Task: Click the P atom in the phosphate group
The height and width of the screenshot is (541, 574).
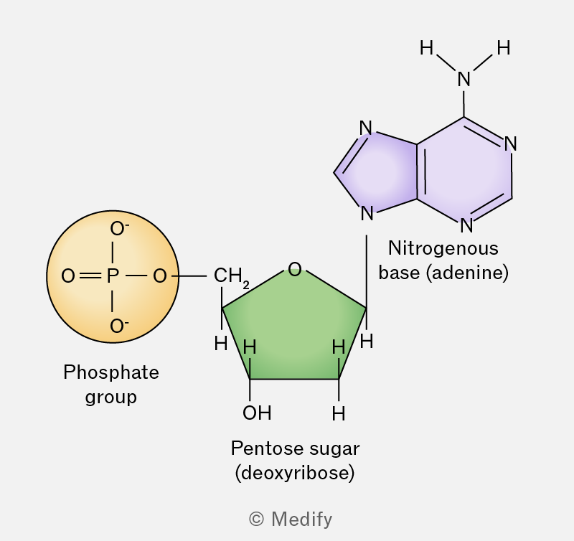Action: (113, 276)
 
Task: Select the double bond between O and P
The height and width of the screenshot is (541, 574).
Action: (90, 276)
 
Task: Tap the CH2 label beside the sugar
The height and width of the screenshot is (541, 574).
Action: (231, 277)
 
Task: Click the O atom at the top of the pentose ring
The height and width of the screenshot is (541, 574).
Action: (295, 269)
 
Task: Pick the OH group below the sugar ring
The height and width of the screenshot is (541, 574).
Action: (257, 413)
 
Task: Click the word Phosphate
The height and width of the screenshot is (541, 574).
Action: (111, 372)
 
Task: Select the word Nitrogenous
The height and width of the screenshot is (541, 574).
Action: (443, 248)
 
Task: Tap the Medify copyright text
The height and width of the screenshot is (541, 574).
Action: (291, 519)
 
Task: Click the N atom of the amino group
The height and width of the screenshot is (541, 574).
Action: (464, 79)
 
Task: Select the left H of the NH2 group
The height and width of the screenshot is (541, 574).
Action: (426, 48)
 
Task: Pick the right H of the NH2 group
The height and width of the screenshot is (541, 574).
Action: (504, 48)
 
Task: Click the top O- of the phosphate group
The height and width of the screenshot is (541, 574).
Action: (119, 229)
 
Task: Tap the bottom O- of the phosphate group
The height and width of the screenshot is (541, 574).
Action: (119, 326)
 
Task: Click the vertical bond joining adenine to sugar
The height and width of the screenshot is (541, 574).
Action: (367, 271)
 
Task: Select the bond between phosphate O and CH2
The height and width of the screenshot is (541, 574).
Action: (189, 276)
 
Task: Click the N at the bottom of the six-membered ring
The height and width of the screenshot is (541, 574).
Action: (466, 225)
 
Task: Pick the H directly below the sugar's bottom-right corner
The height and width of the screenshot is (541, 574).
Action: (339, 414)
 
